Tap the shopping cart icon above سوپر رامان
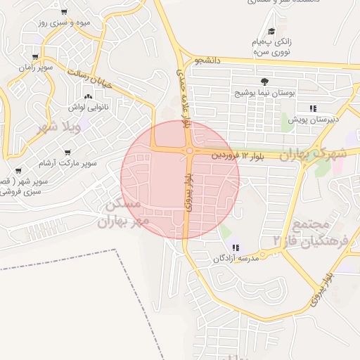35,57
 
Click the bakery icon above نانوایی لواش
88,96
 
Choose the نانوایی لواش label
86,107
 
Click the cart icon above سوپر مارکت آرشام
67,152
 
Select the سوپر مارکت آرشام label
67,163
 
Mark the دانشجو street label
209,61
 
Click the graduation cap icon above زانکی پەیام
271,30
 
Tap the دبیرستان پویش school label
313,120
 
